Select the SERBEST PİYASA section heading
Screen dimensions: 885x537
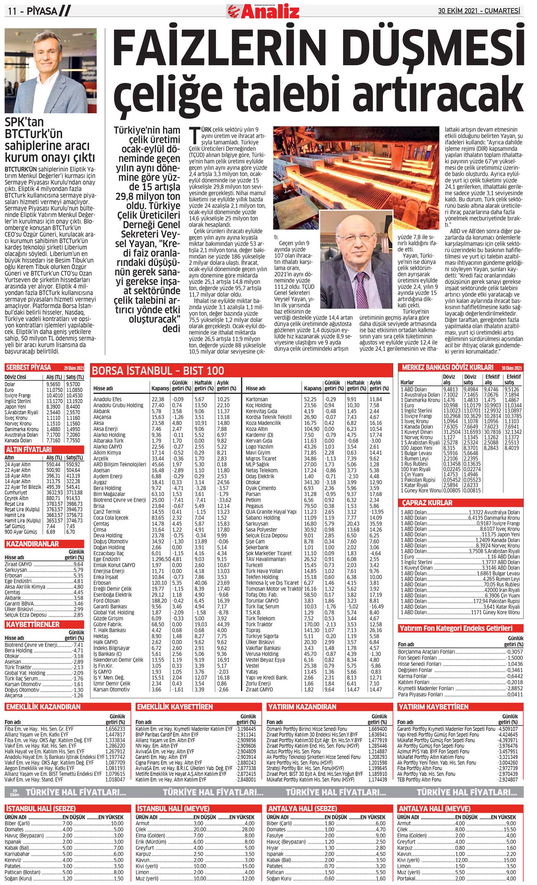[29, 367]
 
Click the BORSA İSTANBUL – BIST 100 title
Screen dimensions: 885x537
[158, 370]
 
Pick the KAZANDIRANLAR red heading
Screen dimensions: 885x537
[32, 544]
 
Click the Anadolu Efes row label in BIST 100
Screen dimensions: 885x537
[107, 399]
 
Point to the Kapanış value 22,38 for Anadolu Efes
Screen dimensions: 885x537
[158, 399]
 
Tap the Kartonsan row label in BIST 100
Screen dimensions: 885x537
[257, 399]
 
